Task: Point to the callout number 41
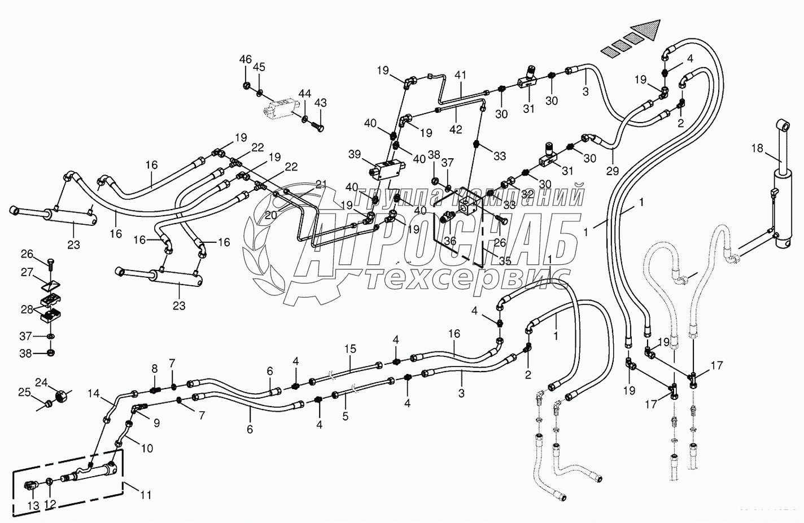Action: coord(461,74)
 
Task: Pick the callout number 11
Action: coord(146,495)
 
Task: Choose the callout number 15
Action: coord(351,348)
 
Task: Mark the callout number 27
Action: coord(28,272)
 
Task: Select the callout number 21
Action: coord(321,184)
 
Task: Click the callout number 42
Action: coord(455,129)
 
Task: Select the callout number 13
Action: coord(33,506)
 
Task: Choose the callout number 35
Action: coord(506,261)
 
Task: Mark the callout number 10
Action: coord(146,448)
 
